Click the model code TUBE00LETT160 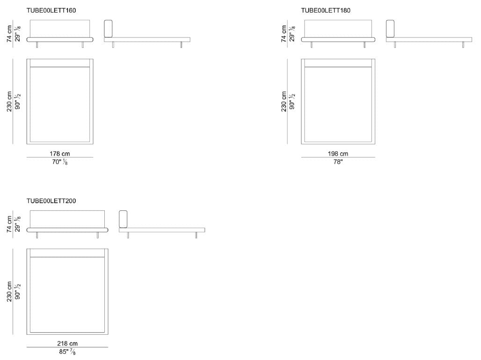[51, 10]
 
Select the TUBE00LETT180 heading [326, 10]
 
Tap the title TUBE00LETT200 [51, 201]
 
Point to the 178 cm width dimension [60, 153]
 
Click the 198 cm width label [338, 153]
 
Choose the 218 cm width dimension [67, 344]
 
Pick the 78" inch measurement [338, 162]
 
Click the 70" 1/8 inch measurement [60, 162]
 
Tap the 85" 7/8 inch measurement [67, 352]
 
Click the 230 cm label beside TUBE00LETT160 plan [9, 101]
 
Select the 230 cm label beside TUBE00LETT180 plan [284, 101]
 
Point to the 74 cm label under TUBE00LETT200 [9, 224]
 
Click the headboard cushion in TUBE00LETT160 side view [108, 29]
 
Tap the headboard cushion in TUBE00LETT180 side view [390, 29]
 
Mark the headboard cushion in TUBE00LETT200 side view [123, 219]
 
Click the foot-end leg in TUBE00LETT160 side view [181, 45]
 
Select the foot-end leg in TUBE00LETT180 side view [463, 45]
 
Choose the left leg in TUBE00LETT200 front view [37, 235]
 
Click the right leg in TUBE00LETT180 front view [364, 45]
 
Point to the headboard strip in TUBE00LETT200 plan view [67, 253]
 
